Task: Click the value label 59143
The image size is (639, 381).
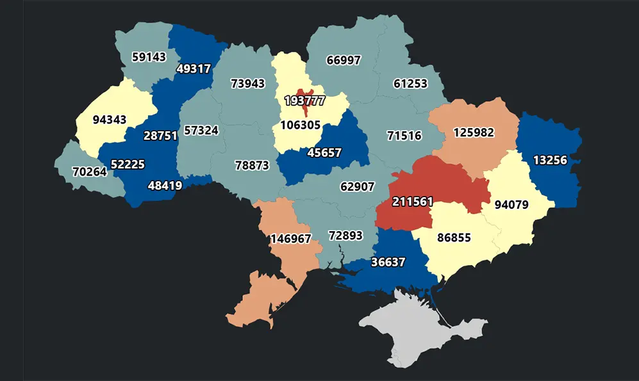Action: click(x=149, y=57)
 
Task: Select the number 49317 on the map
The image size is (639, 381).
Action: click(x=193, y=69)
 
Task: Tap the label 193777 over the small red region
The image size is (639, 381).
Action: click(x=304, y=101)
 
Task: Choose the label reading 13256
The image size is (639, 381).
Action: click(x=551, y=160)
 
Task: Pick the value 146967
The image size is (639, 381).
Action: click(x=290, y=239)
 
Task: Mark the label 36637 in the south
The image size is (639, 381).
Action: click(x=388, y=263)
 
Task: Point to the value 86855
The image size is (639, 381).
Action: click(x=454, y=238)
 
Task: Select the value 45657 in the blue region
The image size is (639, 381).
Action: click(x=324, y=153)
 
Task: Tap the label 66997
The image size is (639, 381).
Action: click(x=344, y=60)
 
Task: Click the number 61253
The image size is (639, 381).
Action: click(x=411, y=84)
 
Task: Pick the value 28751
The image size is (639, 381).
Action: click(x=160, y=136)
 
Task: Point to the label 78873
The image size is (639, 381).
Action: click(x=252, y=165)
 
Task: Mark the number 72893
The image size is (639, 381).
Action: click(x=345, y=235)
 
